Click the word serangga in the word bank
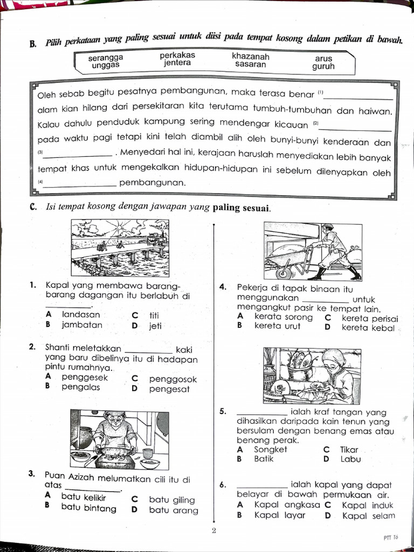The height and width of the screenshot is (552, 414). [106, 57]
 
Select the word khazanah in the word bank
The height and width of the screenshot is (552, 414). [250, 56]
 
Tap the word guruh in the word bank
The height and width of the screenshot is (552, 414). [323, 67]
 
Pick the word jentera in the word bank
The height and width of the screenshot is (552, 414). [177, 63]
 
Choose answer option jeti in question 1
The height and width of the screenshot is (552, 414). [155, 326]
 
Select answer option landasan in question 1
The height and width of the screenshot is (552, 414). [81, 314]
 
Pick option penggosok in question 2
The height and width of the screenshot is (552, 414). [172, 379]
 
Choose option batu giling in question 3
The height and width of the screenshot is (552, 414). [171, 500]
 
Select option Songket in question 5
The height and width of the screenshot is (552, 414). [271, 449]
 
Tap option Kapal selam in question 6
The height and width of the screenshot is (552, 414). [368, 515]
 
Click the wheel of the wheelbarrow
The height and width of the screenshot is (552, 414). [284, 272]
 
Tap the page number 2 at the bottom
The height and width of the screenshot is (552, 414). [213, 531]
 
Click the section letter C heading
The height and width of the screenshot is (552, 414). [33, 208]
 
